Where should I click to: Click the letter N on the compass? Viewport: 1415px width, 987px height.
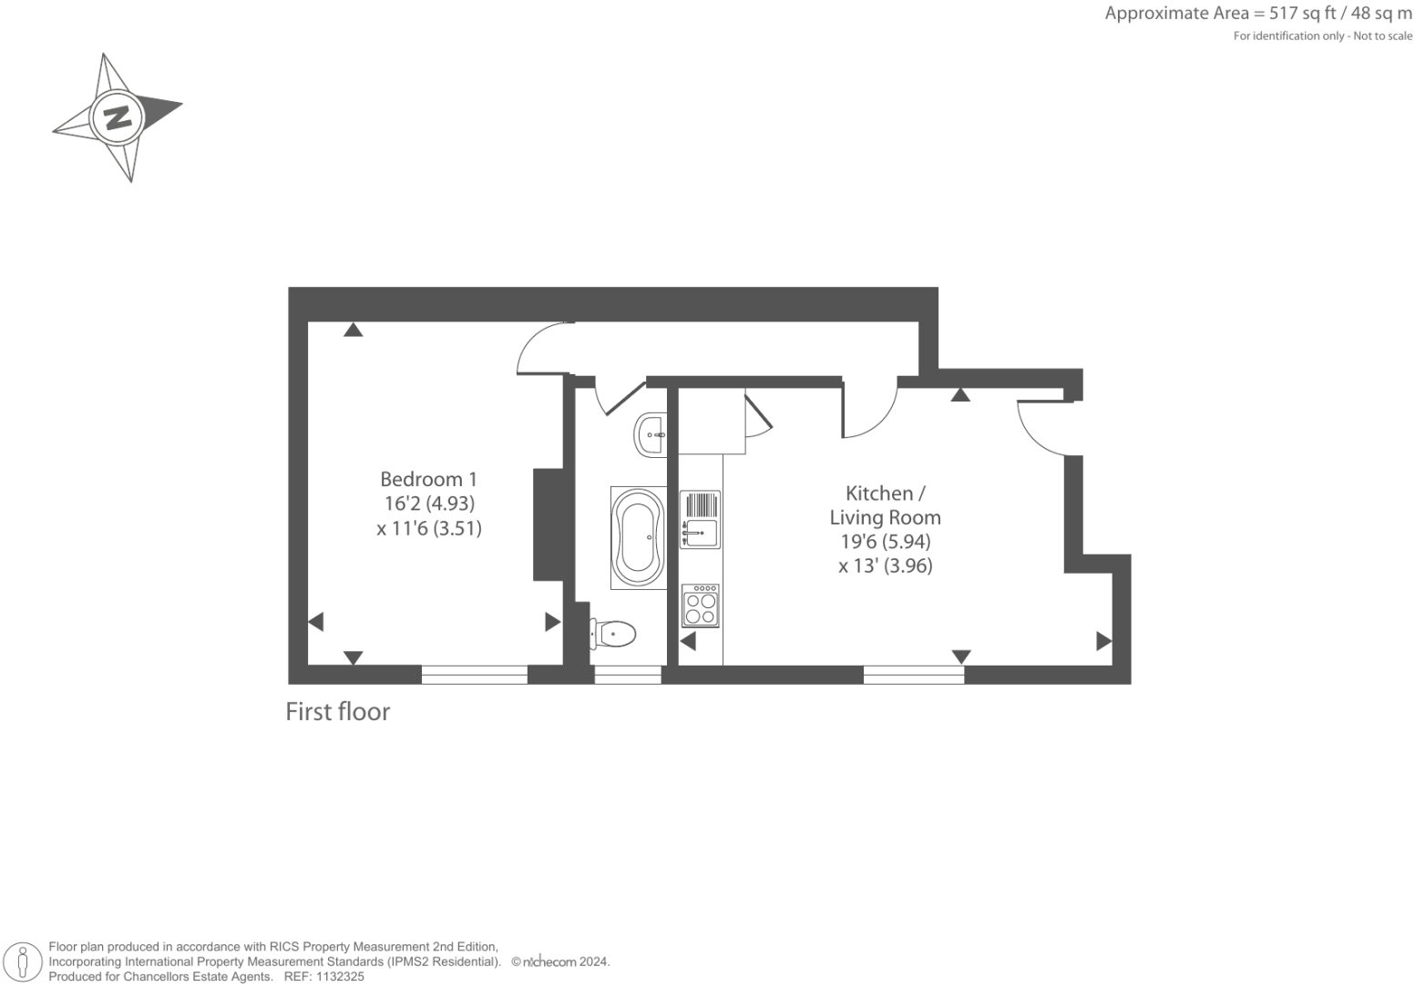tap(117, 117)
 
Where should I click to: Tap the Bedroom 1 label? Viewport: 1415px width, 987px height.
tap(428, 479)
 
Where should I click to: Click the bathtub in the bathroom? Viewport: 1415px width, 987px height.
tap(638, 537)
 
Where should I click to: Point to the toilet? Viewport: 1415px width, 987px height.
tap(613, 632)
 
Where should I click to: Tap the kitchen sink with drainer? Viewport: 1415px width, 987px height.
tap(700, 520)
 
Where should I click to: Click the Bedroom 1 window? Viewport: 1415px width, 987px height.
tap(474, 675)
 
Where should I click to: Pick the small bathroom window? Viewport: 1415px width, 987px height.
tap(628, 675)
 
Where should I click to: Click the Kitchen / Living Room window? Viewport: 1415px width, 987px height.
tap(913, 675)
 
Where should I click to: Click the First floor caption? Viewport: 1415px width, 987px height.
tap(338, 711)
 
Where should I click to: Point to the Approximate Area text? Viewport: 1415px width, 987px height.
tap(1257, 14)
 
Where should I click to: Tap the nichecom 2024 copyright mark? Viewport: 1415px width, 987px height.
tap(560, 962)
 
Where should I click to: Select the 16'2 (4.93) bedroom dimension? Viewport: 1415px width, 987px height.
tap(429, 504)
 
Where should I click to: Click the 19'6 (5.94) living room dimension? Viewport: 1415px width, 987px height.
tap(885, 541)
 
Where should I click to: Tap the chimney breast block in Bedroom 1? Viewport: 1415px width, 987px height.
tap(549, 524)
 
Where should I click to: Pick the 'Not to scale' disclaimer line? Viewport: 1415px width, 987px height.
tap(1322, 36)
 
